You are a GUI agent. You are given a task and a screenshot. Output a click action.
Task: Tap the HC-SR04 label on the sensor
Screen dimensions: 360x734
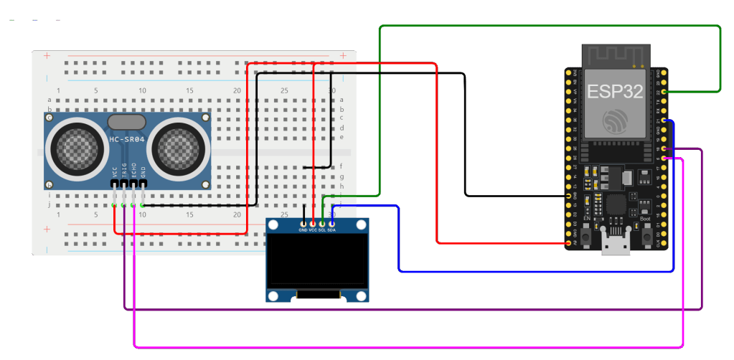pyautogui.click(x=127, y=140)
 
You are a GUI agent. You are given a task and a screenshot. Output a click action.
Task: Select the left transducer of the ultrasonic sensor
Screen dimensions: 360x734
pyautogui.click(x=75, y=148)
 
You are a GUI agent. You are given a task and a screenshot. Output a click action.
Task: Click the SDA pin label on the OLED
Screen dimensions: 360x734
pyautogui.click(x=332, y=230)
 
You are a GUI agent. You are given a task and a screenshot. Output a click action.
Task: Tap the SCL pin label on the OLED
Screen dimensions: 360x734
pyautogui.click(x=322, y=230)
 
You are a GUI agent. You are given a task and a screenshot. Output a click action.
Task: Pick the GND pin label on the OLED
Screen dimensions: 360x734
pyautogui.click(x=303, y=230)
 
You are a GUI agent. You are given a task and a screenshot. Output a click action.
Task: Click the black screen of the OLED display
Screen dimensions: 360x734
pyautogui.click(x=317, y=262)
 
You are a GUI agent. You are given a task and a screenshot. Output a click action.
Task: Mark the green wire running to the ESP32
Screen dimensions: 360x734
pyautogui.click(x=549, y=27)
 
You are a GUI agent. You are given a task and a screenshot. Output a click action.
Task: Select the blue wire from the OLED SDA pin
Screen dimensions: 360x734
pyautogui.click(x=535, y=272)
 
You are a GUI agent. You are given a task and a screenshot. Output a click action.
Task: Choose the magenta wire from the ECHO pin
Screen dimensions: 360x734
pyautogui.click(x=409, y=345)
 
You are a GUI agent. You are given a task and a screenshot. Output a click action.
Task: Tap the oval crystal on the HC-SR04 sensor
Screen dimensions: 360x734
pyautogui.click(x=127, y=121)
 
